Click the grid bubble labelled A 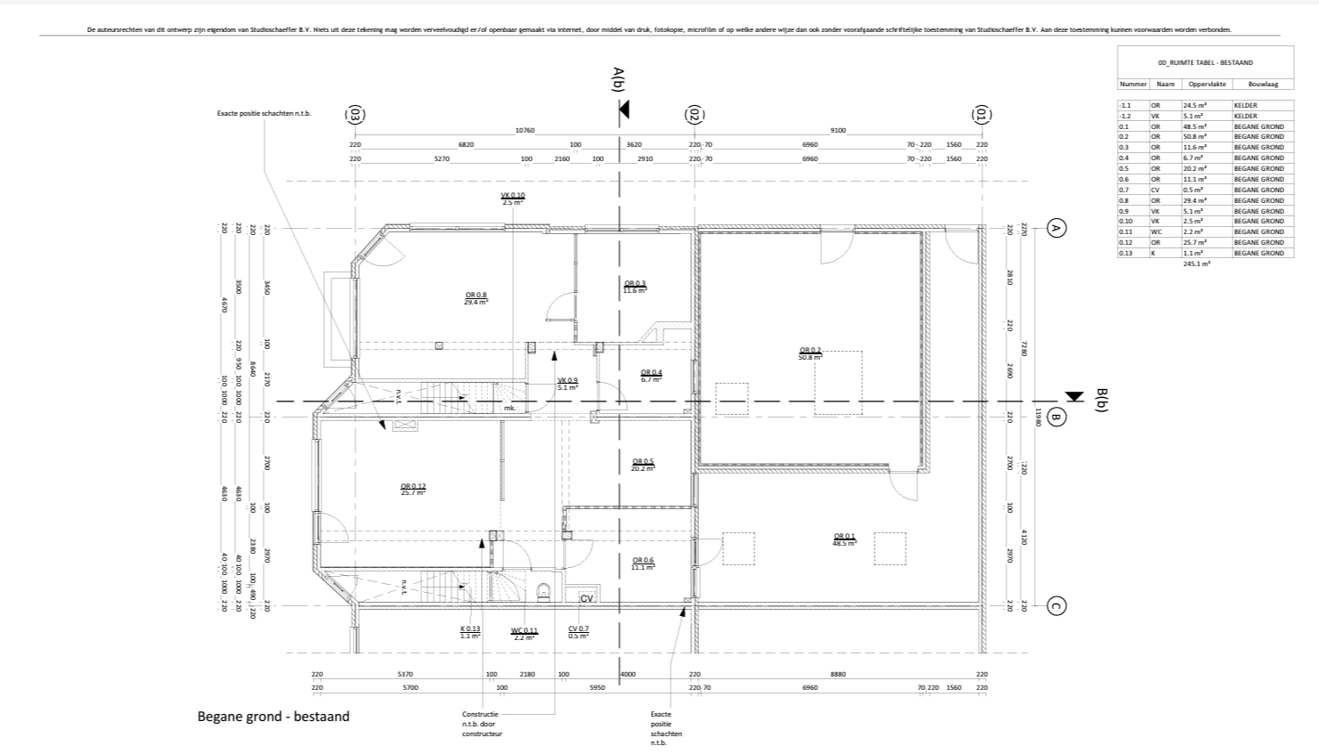tap(1056, 229)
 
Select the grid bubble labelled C tap(1056, 606)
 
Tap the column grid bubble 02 tap(695, 115)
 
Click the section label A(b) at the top tap(619, 79)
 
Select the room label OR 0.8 tap(476, 298)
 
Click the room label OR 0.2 tap(810, 353)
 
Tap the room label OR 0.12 tap(413, 489)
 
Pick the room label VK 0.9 tap(567, 384)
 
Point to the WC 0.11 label tap(524, 633)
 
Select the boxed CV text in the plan tap(587, 599)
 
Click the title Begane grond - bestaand tap(273, 716)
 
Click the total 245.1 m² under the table tap(1197, 264)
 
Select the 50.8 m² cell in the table tap(1194, 137)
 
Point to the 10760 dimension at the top tap(525, 131)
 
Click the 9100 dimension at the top tap(837, 131)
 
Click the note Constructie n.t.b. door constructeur tap(482, 724)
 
